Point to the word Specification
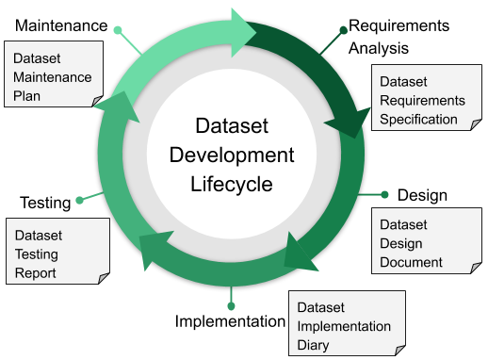(x=418, y=119)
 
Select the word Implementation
(x=343, y=326)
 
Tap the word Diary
(x=314, y=344)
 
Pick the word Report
(x=35, y=273)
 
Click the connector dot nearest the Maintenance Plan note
(x=117, y=30)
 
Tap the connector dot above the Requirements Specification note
(x=343, y=30)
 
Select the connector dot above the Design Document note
(x=384, y=194)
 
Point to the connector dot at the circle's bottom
(x=230, y=306)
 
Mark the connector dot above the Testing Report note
(x=79, y=200)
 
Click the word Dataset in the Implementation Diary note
(x=321, y=307)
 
